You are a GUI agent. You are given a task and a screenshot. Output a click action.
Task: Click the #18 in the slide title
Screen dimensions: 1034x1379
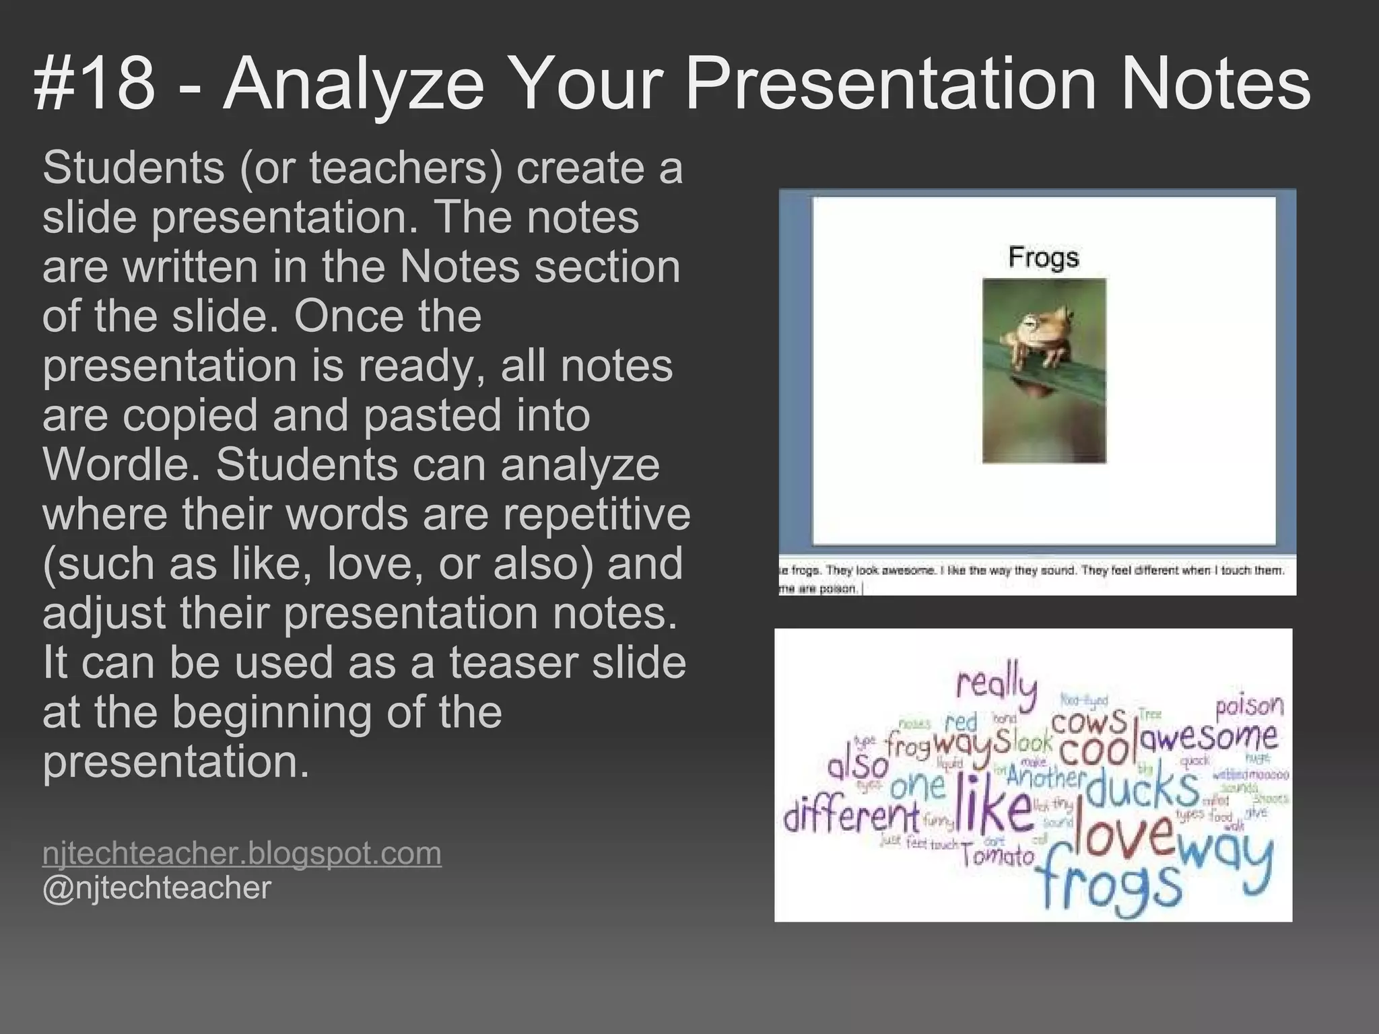94,84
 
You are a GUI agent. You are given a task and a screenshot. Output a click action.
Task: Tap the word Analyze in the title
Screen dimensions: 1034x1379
354,84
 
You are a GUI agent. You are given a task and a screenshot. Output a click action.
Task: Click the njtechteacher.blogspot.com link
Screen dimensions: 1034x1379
242,853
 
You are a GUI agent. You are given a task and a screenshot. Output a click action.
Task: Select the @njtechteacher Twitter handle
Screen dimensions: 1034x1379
156,887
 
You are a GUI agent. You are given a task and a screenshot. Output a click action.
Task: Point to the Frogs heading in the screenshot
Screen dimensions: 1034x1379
1044,257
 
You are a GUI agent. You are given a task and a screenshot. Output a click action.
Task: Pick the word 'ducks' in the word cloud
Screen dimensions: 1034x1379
1141,788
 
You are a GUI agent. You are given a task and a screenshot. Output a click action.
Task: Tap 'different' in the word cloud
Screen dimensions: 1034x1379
850,816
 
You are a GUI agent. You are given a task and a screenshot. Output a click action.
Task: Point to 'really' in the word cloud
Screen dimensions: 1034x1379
997,685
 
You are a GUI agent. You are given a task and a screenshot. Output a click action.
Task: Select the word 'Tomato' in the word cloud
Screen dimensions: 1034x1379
997,856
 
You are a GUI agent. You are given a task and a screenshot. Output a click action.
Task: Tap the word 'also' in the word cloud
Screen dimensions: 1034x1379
859,766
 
